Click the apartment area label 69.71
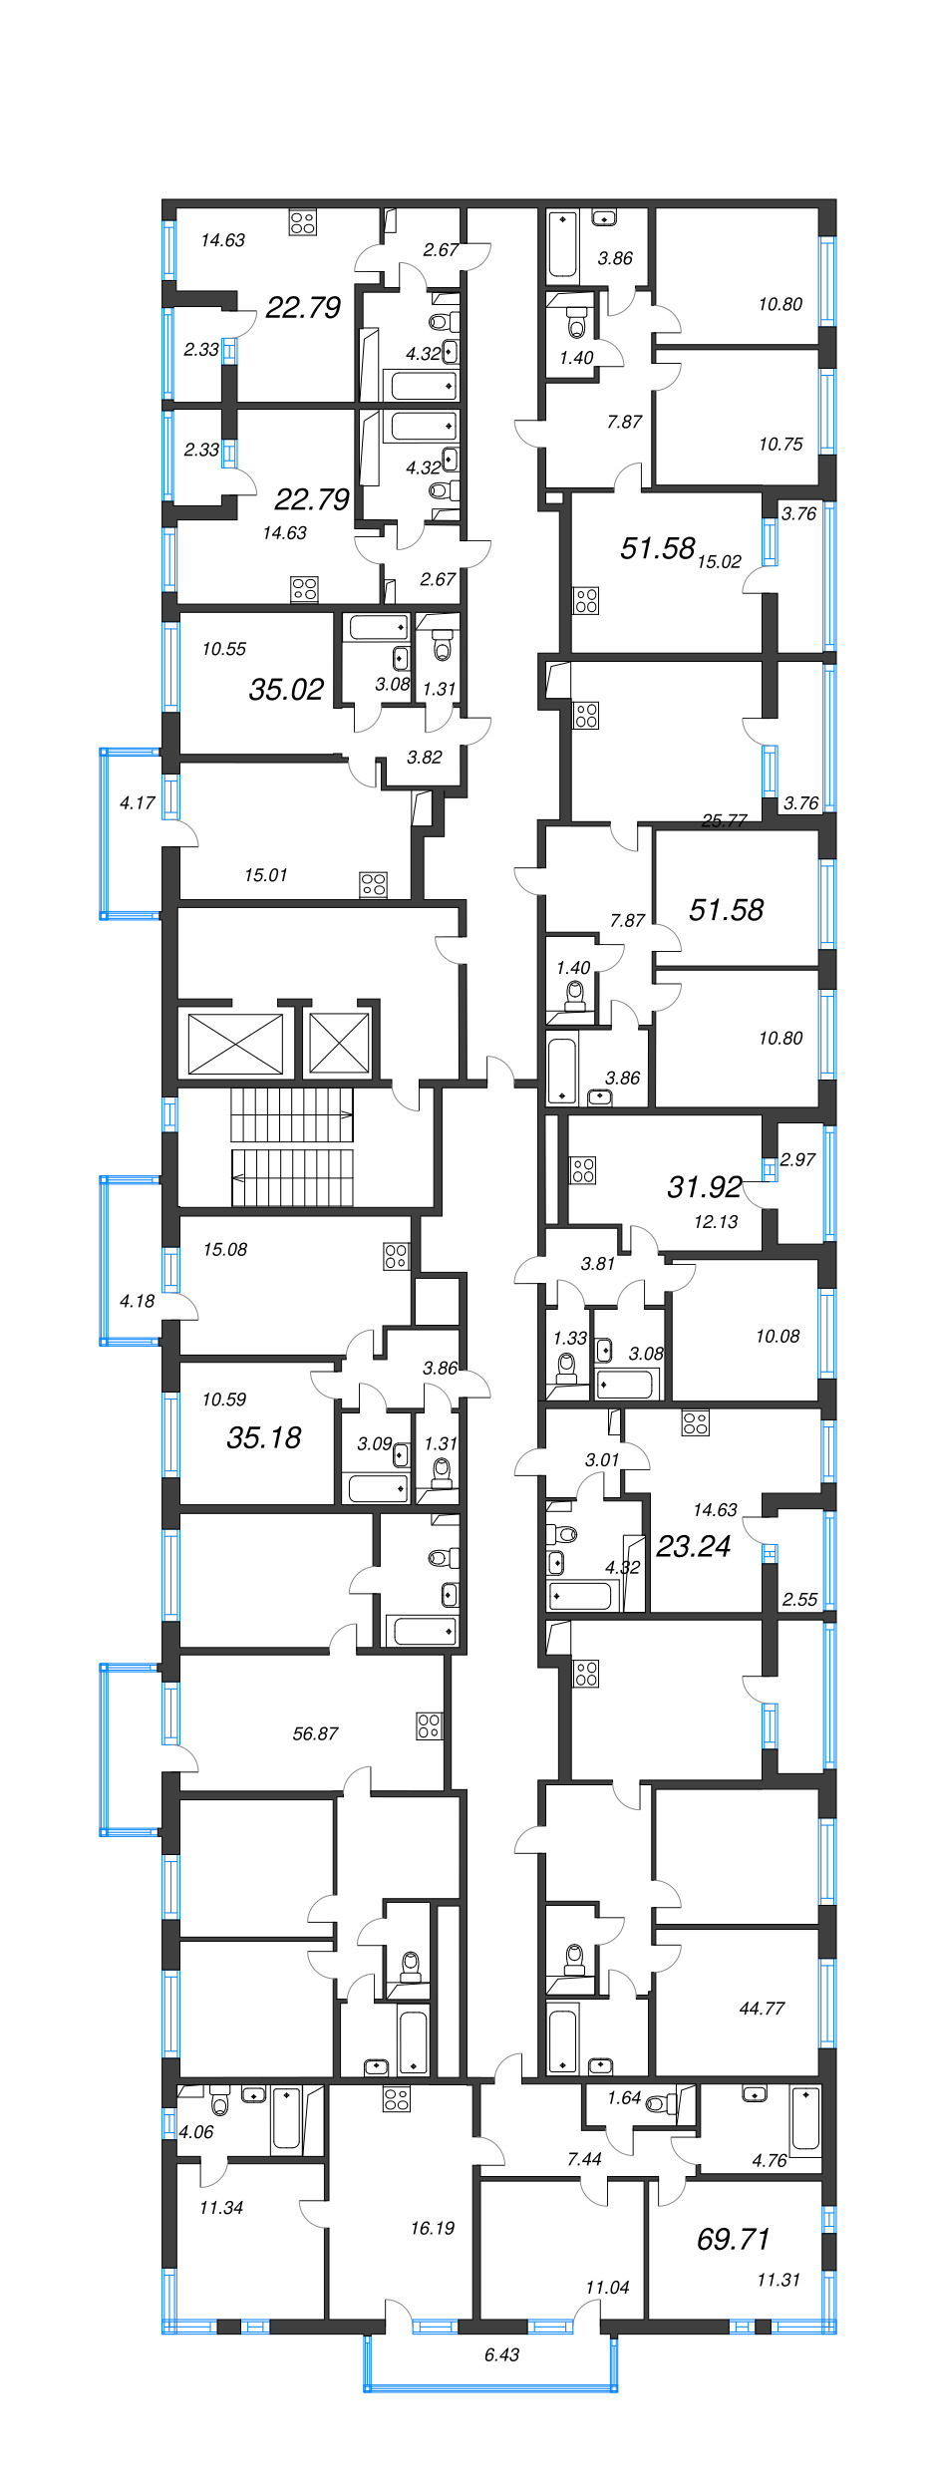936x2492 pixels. (733, 2239)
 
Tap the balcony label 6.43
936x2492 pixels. (501, 2354)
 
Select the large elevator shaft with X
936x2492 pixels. (235, 1044)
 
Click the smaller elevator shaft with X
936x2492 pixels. (339, 1044)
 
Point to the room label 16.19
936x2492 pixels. (432, 2228)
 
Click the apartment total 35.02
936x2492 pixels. (286, 689)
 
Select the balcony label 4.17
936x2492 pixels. (137, 802)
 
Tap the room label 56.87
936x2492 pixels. (315, 1733)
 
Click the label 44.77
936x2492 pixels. (762, 2009)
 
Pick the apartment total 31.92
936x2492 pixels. (704, 1186)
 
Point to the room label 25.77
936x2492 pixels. (724, 820)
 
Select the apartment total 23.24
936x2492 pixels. (693, 1546)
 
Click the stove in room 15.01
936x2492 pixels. (374, 884)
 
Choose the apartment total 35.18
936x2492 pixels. (263, 1437)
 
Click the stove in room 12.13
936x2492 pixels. (583, 1170)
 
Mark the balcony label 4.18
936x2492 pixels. (137, 1301)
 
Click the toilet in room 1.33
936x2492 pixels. (567, 1367)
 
